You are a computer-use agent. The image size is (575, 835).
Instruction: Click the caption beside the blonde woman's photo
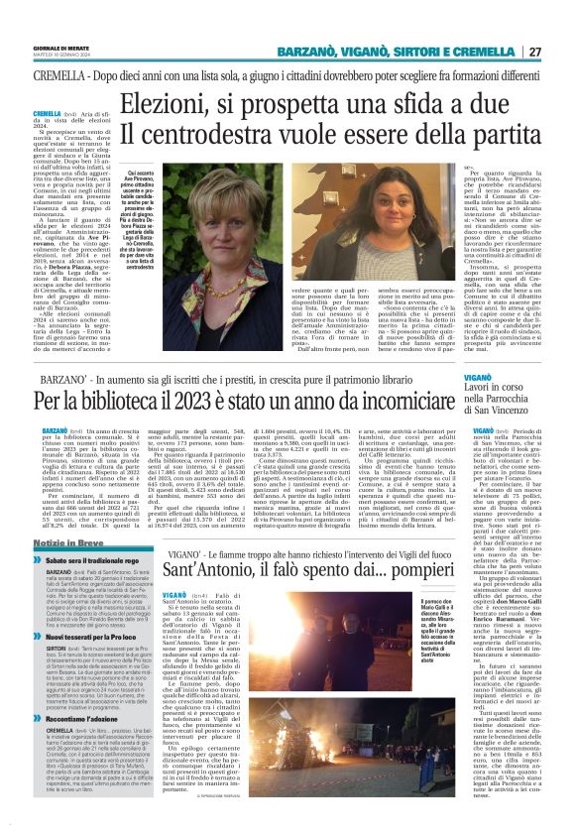pyautogui.click(x=142, y=234)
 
